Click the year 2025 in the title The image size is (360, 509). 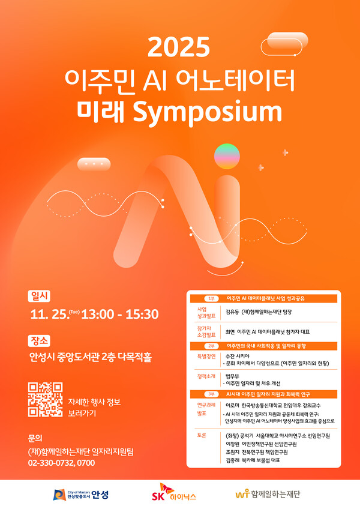tap(179, 47)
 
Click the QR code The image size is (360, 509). tap(46, 399)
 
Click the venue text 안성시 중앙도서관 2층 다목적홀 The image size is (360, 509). tap(90, 358)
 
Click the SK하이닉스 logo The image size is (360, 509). tap(174, 493)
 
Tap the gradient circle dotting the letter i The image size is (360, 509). tap(227, 156)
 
